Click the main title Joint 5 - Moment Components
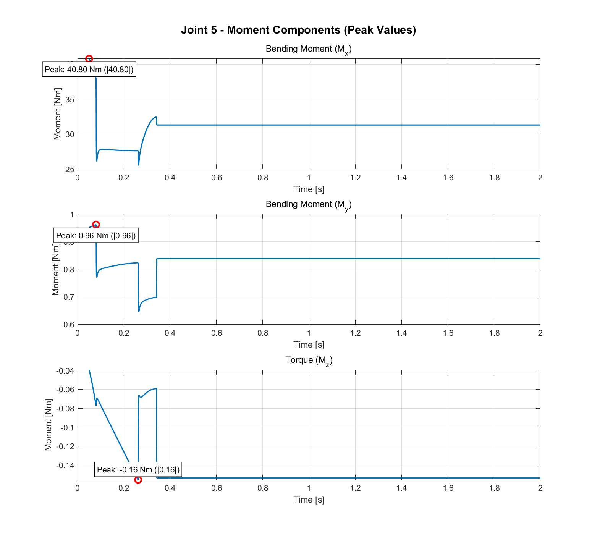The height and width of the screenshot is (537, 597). pos(298,30)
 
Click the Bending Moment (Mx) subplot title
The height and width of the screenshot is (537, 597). pos(308,49)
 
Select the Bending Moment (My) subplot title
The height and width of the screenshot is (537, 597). pos(308,205)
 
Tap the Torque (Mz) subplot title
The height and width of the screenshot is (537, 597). pos(309,361)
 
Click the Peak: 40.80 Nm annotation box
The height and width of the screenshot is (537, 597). pos(89,70)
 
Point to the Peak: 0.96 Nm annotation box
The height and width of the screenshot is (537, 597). pos(96,236)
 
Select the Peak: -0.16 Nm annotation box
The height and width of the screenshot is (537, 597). pos(138,470)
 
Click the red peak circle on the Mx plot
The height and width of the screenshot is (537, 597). pos(89,59)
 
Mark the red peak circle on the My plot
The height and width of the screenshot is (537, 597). pos(96,225)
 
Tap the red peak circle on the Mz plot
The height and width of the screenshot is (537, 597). pos(138,480)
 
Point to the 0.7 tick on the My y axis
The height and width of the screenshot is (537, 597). pos(69,297)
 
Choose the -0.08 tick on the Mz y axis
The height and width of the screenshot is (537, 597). pos(65,409)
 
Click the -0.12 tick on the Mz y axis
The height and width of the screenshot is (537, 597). pos(65,446)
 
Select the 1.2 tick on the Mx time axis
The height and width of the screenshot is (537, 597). pos(355,178)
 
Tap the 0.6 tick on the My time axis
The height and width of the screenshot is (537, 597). pos(216,333)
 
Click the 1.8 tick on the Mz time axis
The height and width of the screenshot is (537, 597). pos(494,488)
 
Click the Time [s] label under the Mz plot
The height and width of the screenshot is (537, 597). pos(309,500)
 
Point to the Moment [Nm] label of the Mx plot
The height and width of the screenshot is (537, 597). pos(58,114)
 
